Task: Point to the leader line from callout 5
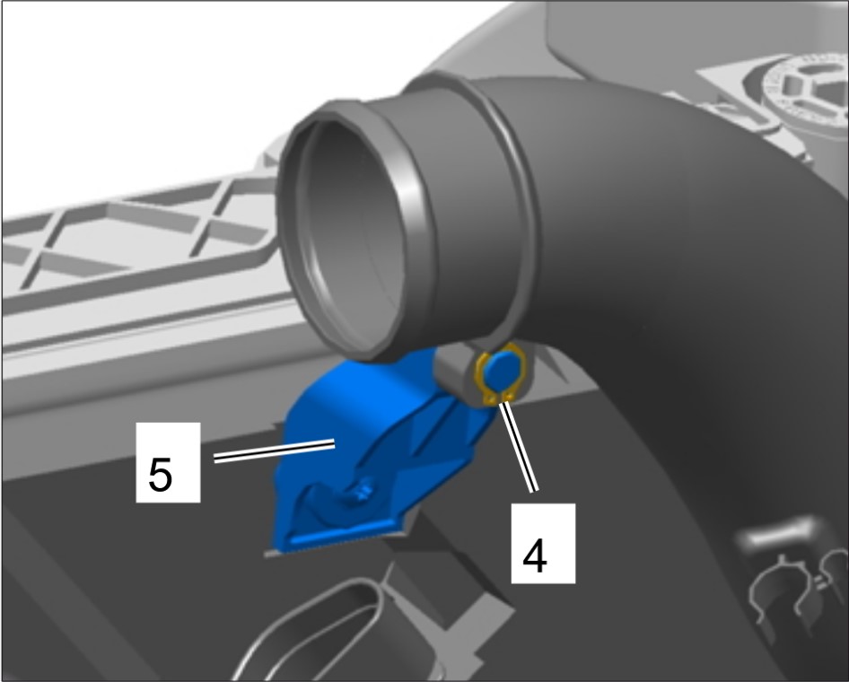(274, 451)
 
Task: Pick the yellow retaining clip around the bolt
(501, 373)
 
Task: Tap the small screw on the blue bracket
(363, 492)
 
